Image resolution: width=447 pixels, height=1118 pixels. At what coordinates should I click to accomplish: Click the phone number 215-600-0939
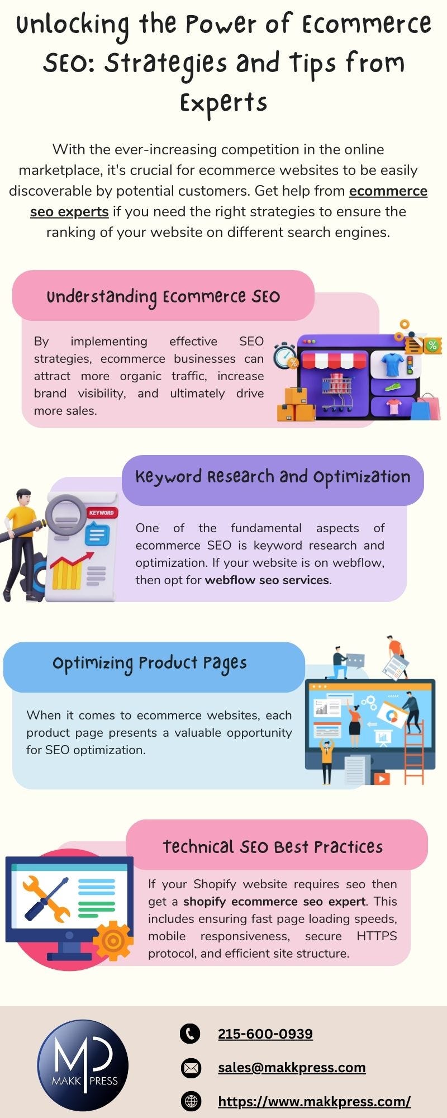265,1034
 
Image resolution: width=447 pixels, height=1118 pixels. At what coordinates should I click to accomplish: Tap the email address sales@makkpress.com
291,1067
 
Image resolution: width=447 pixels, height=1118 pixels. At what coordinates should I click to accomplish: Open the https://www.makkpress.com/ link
314,1101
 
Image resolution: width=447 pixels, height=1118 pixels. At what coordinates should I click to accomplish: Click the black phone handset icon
190,1034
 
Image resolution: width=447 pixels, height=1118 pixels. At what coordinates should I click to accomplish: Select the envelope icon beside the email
191,1068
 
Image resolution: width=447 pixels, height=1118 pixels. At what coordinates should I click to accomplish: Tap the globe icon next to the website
191,1101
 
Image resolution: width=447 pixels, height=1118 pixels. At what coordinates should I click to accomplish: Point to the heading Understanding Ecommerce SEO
163,297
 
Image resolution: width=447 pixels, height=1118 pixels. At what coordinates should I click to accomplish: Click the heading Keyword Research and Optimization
273,477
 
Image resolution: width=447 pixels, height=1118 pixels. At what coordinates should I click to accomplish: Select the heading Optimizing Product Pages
149,664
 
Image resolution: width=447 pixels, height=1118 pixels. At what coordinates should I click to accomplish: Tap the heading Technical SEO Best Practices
273,847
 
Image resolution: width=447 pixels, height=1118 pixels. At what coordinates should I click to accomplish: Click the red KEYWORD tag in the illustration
101,513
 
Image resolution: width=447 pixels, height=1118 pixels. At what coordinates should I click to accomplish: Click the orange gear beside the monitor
113,941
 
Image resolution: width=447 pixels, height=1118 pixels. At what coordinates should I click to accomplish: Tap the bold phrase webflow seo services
267,580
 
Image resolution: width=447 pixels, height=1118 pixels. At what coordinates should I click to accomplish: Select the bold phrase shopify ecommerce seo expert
274,902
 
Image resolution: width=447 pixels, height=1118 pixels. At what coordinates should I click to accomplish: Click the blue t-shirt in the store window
392,364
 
